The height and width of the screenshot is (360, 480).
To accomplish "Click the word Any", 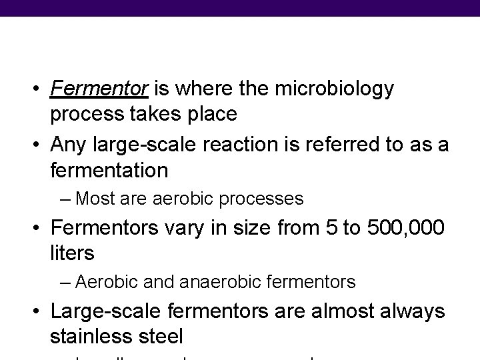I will pyautogui.click(x=71, y=144).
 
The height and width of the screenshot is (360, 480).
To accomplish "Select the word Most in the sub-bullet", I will pyautogui.click(x=93, y=199).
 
